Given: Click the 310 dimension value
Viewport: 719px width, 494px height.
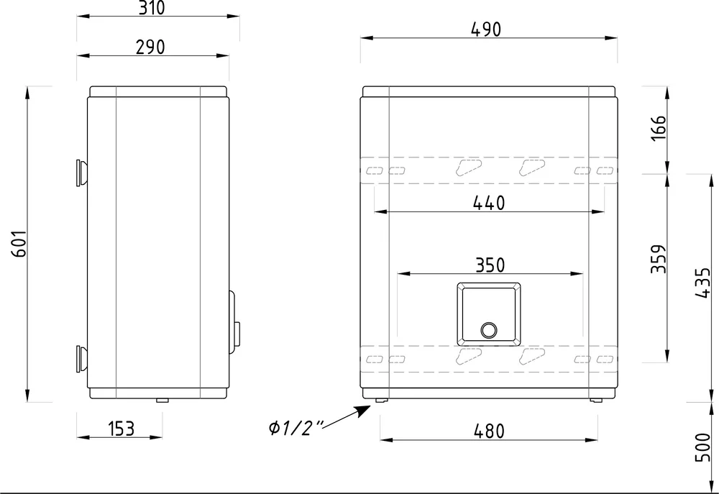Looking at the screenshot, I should click(152, 9).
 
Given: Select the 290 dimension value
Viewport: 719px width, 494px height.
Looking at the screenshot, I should click(150, 47).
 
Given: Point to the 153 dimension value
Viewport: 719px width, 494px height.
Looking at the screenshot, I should click(121, 429).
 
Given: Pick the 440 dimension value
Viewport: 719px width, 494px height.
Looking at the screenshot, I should click(489, 203).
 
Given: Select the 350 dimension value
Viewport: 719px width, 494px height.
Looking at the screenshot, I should click(490, 265).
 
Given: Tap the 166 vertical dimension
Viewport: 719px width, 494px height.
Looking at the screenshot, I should click(659, 129).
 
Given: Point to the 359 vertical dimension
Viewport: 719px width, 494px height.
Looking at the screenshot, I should click(659, 259).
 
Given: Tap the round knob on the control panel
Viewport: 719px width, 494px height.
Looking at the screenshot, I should click(489, 329).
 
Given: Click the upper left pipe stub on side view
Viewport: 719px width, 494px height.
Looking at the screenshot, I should click(81, 172).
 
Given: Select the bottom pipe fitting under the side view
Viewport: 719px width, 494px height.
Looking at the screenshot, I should click(162, 399).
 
